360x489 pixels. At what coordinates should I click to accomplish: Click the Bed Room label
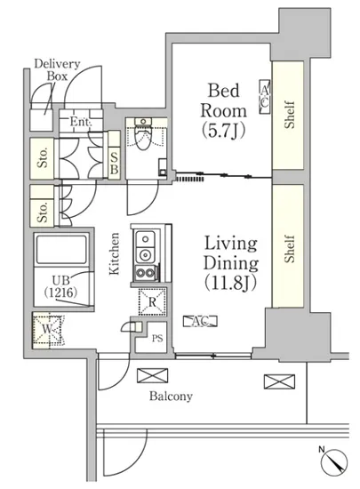click(x=223, y=110)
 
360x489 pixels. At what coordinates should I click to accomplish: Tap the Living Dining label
click(x=231, y=262)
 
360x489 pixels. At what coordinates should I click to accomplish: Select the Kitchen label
click(x=115, y=253)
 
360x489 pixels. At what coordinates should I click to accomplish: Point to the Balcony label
click(x=171, y=396)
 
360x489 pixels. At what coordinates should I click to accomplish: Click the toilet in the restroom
click(x=143, y=136)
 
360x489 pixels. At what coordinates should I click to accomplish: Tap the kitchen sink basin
click(x=145, y=239)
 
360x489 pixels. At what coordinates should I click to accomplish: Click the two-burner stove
click(x=145, y=273)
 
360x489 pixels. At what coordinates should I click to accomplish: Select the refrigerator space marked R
click(x=152, y=302)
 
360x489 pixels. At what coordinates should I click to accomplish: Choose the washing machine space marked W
click(x=48, y=330)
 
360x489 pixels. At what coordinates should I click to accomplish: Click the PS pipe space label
click(x=157, y=339)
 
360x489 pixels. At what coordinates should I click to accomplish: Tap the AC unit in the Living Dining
click(x=200, y=321)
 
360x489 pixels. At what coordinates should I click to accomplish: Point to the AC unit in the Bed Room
click(x=265, y=97)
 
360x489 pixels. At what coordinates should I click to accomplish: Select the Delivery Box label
click(x=57, y=69)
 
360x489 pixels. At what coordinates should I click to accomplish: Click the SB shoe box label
click(x=115, y=164)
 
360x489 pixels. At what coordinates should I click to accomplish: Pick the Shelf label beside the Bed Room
click(x=289, y=115)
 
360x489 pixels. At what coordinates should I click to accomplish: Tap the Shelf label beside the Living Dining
click(x=289, y=249)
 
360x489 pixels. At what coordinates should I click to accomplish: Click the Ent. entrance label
click(x=80, y=121)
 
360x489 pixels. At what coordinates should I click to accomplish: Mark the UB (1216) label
click(x=60, y=286)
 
